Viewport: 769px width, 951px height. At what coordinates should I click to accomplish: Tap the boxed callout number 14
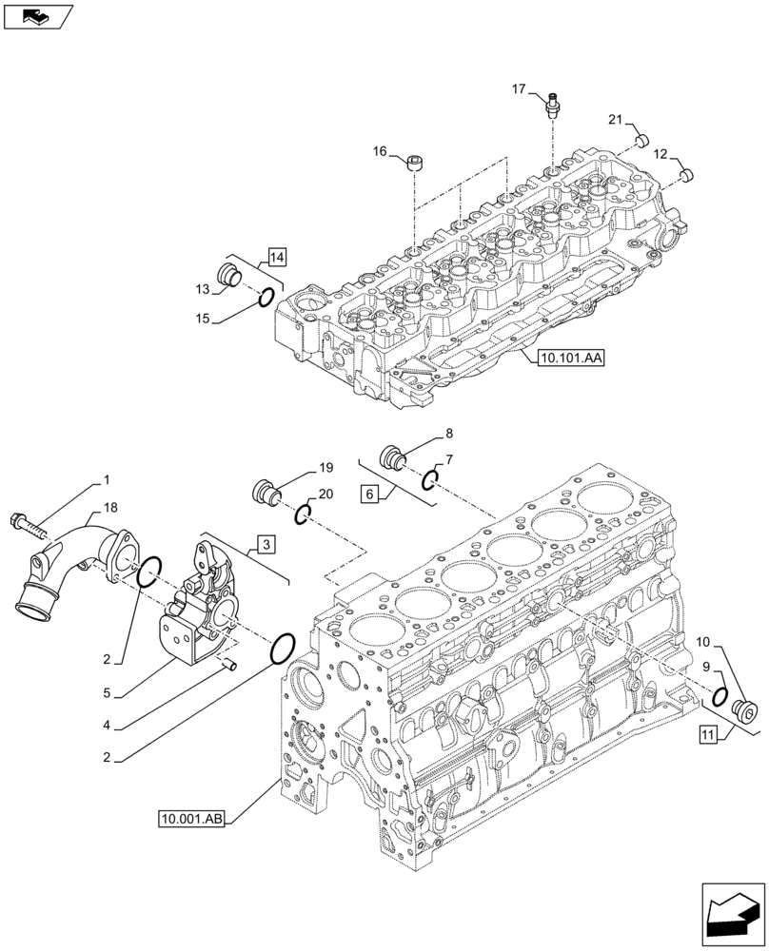pyautogui.click(x=276, y=255)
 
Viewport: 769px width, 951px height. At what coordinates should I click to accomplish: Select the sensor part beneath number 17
pyautogui.click(x=552, y=107)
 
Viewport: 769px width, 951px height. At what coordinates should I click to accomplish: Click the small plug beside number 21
pyautogui.click(x=641, y=141)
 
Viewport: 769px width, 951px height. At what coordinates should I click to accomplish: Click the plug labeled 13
pyautogui.click(x=229, y=275)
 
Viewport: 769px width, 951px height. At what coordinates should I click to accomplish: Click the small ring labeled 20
pyautogui.click(x=302, y=514)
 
